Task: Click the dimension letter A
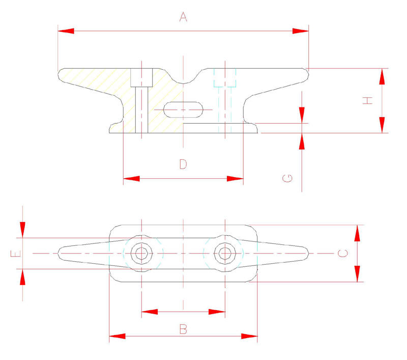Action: coord(183,17)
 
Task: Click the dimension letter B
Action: coord(183,329)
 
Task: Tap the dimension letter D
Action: coord(183,164)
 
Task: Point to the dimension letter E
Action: coord(17,253)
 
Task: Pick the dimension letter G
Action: coord(288,178)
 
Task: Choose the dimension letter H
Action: coord(368,101)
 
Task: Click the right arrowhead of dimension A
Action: coord(301,31)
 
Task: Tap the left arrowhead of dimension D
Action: coord(131,178)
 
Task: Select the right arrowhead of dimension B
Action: coord(249,336)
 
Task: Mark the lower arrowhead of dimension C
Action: coord(358,273)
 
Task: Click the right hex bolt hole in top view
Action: coord(224,253)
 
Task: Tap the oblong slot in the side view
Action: coord(183,108)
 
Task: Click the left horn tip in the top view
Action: coord(61,253)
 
